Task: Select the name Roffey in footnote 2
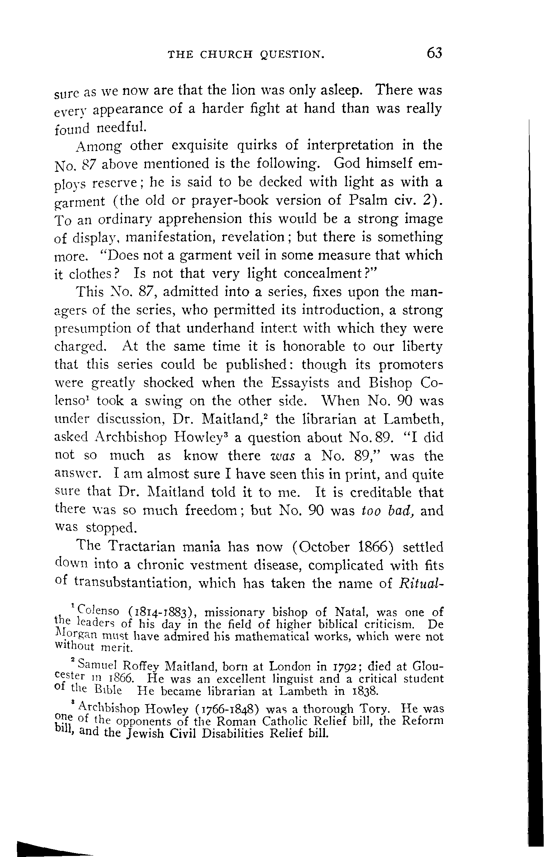pos(141,667)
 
